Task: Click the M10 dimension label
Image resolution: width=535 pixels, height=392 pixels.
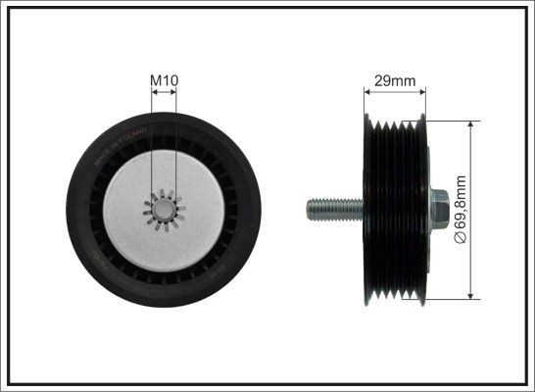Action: [x=165, y=79]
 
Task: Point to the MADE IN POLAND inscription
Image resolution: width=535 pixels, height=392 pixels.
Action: [x=119, y=144]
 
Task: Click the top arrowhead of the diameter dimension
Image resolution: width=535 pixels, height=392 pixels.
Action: [x=471, y=128]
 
